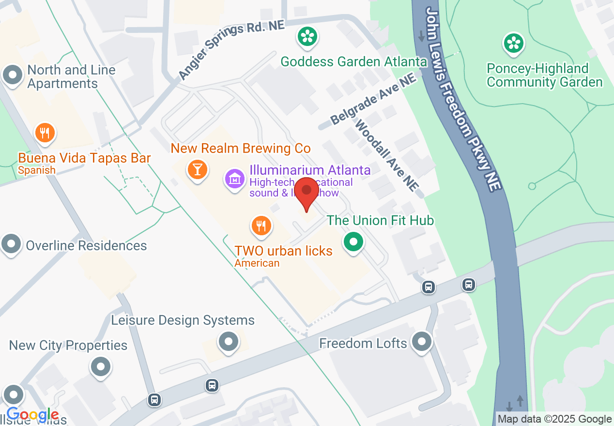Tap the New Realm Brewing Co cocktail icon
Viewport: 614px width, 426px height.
coord(197,169)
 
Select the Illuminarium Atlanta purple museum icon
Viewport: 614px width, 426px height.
coord(235,179)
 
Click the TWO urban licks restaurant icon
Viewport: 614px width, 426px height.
coord(261,226)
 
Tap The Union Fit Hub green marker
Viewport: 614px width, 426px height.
coord(353,241)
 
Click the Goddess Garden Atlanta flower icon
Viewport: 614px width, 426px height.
coord(307,37)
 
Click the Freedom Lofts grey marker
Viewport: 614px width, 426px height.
coord(421,342)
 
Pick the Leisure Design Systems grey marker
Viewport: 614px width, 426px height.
coord(229,342)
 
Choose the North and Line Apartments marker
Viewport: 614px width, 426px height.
coord(13,76)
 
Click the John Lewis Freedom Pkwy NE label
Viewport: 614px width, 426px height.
coord(462,99)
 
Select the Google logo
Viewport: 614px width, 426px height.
coord(32,415)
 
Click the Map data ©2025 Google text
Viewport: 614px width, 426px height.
coord(554,419)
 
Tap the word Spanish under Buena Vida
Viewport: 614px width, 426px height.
coord(37,170)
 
